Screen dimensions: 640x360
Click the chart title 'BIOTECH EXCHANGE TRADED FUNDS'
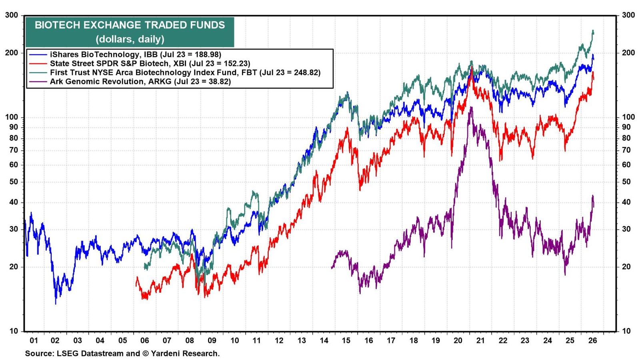tap(130, 25)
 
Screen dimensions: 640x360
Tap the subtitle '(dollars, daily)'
tap(130, 39)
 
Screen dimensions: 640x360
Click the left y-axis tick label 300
tap(12, 15)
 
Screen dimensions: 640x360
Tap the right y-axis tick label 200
tap(628, 53)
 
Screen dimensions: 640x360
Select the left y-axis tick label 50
tap(14, 182)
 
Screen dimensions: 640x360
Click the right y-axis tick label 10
tap(626, 332)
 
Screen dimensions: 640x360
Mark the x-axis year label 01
tap(34, 340)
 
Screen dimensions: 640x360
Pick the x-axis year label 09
tap(212, 340)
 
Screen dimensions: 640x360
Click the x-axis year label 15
tap(346, 340)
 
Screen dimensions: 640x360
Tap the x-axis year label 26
tap(592, 340)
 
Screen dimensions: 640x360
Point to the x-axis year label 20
tap(458, 340)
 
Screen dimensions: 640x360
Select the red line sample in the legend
tap(38, 64)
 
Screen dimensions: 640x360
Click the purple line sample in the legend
tap(38, 82)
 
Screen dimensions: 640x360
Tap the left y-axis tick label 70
tap(14, 150)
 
